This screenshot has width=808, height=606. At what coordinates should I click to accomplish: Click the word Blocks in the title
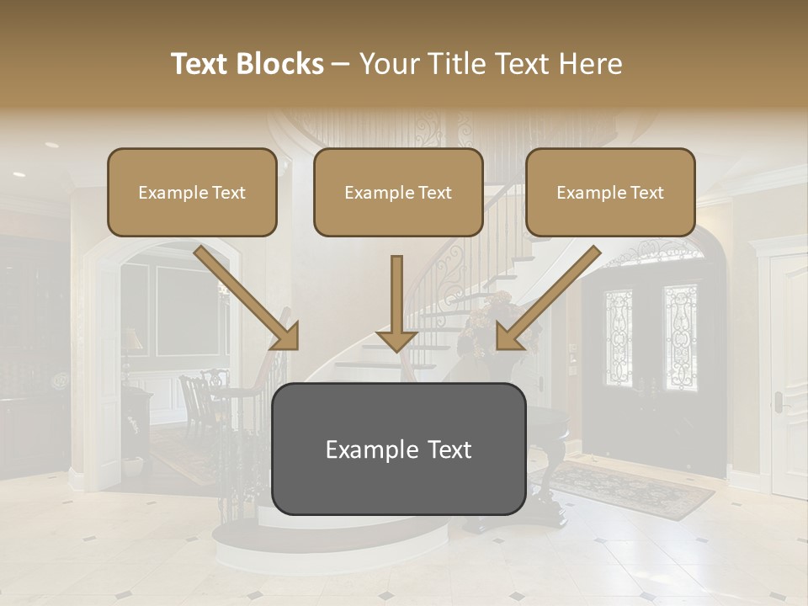[279, 64]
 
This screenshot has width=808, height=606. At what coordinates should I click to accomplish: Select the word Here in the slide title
[589, 64]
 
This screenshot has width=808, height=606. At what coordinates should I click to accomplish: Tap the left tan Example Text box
[192, 192]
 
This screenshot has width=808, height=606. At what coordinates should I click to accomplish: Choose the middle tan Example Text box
[398, 192]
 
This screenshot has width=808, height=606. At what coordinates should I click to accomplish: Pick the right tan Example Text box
[610, 192]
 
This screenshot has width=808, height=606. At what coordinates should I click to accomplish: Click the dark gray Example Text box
[399, 449]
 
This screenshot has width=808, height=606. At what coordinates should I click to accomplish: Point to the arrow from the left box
[248, 299]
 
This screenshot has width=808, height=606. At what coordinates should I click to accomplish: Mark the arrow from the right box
[547, 299]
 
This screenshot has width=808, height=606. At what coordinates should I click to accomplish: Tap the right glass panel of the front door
[680, 337]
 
